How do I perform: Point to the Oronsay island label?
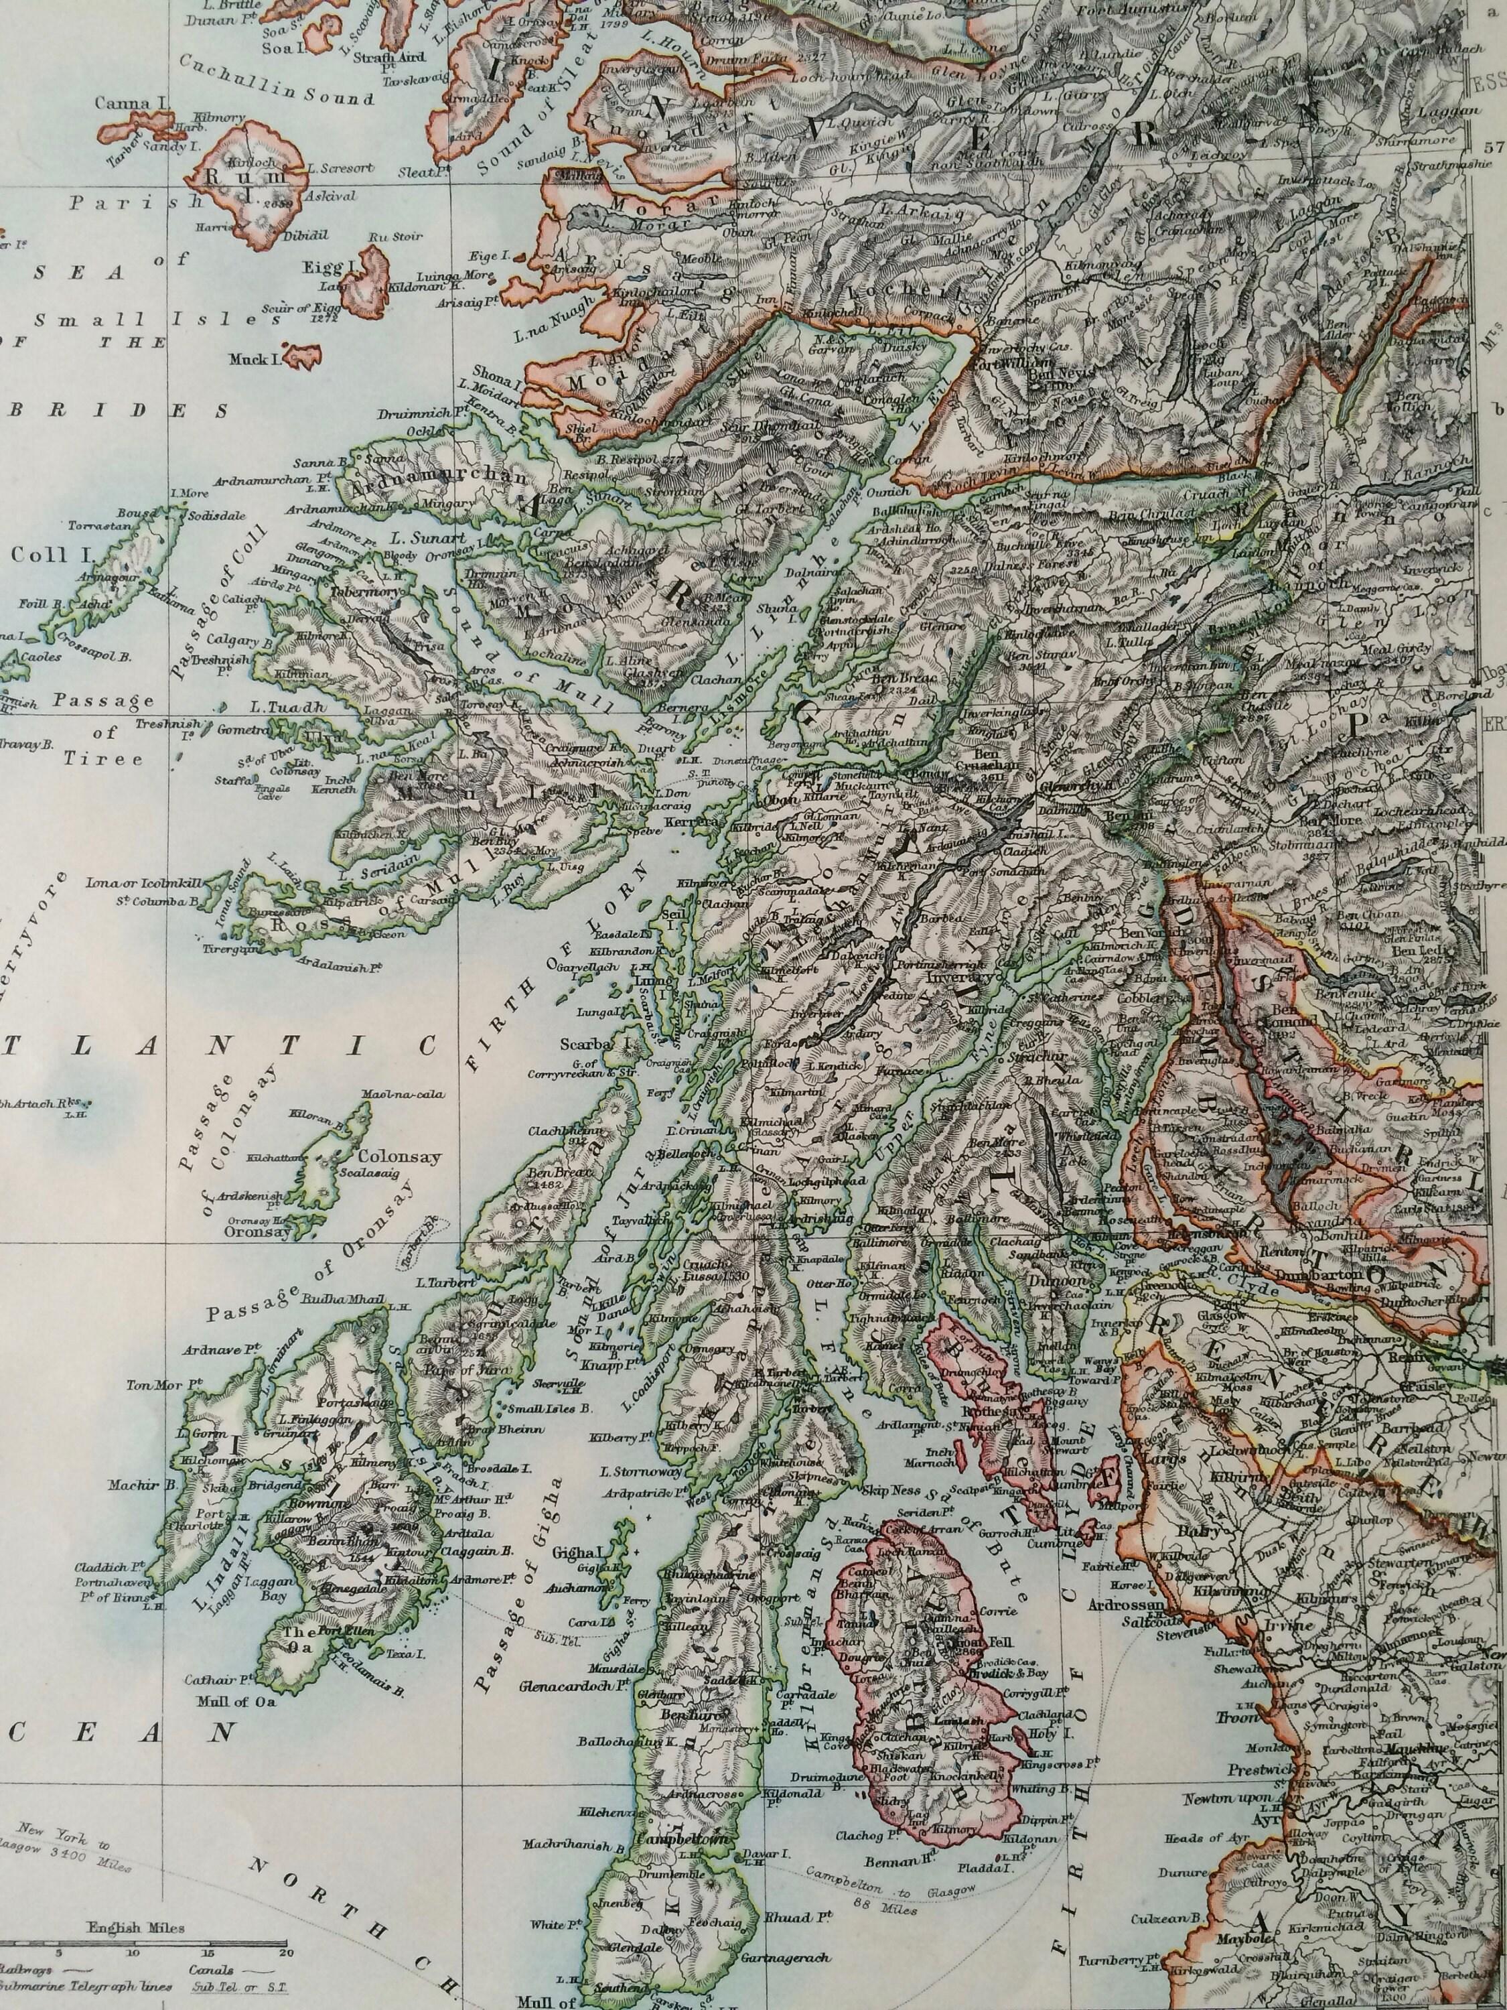(258, 1232)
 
